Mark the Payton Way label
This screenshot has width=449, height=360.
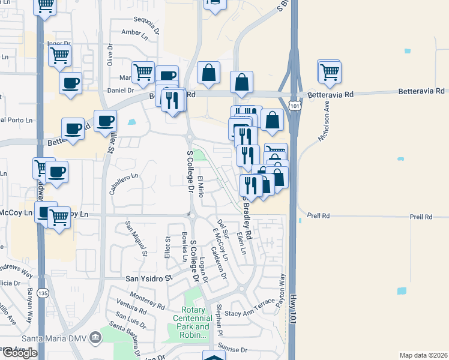(x=281, y=292)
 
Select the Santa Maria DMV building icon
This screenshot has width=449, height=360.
(x=95, y=338)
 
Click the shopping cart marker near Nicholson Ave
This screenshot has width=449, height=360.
(x=330, y=72)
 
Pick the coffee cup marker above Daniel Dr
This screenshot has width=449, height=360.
(x=70, y=83)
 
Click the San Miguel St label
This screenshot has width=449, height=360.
(x=136, y=237)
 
